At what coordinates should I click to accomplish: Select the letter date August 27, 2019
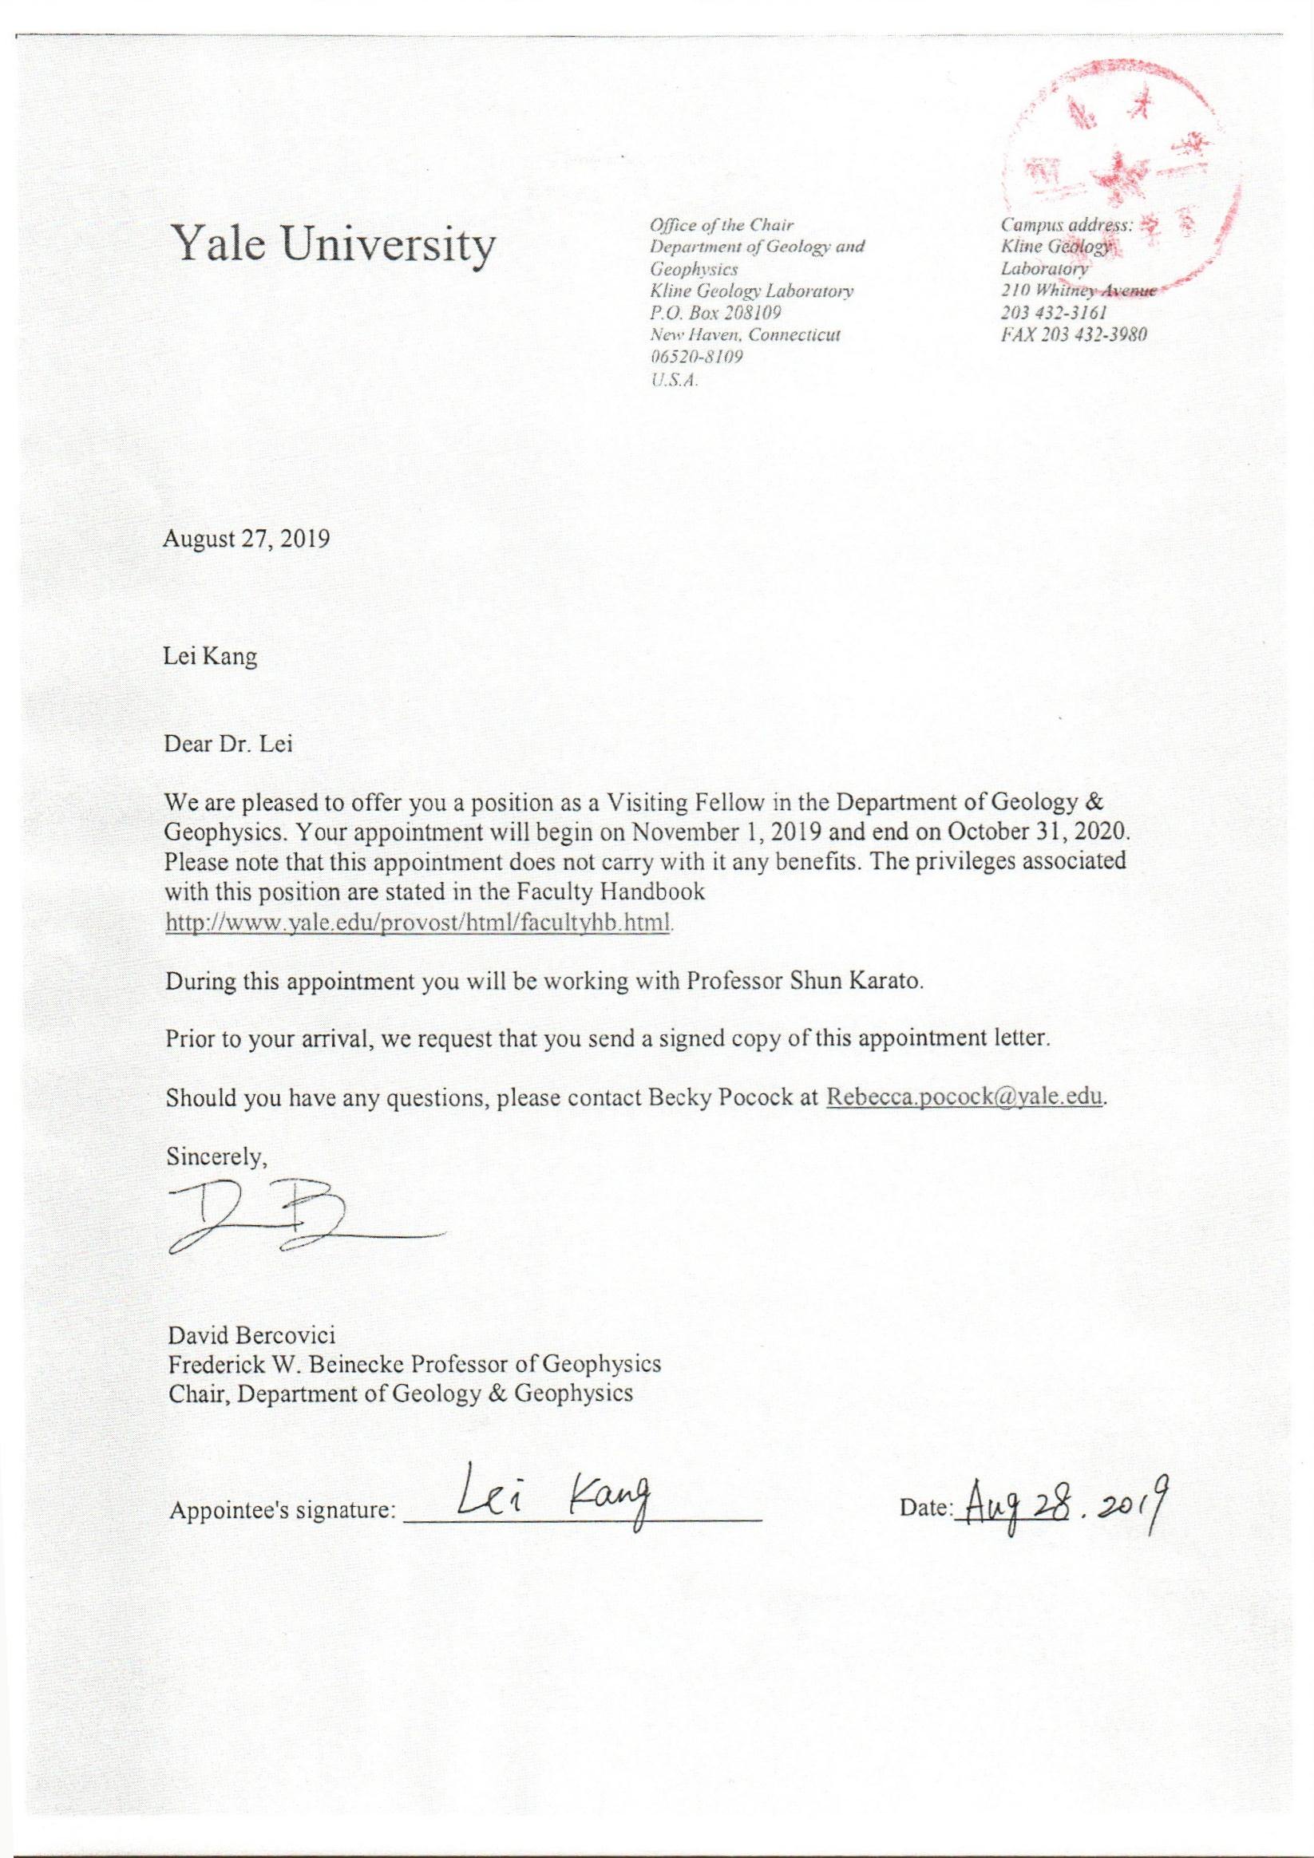pos(247,539)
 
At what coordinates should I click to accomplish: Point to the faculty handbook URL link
pos(418,922)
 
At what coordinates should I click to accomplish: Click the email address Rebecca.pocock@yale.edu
pos(964,1098)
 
